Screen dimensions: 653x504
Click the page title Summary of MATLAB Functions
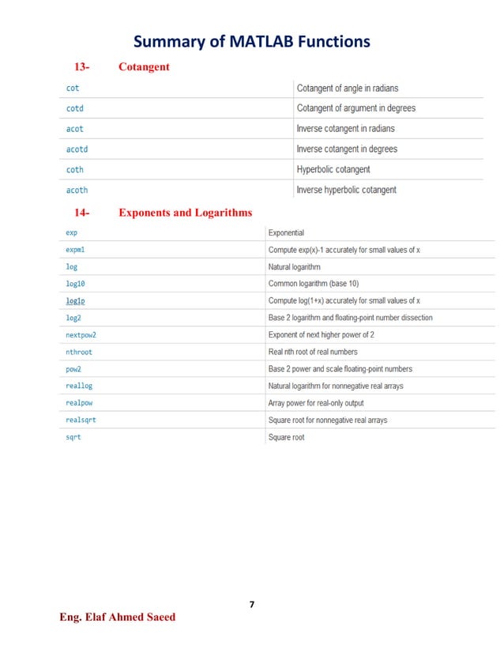pyautogui.click(x=251, y=41)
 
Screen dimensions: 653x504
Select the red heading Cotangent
pyautogui.click(x=144, y=67)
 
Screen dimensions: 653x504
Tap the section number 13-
pyautogui.click(x=82, y=67)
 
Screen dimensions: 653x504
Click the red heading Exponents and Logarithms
pyautogui.click(x=185, y=213)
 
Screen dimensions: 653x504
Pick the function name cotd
pyautogui.click(x=74, y=108)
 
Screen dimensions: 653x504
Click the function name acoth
pyautogui.click(x=77, y=191)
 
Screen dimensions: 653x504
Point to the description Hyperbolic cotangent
pyautogui.click(x=333, y=170)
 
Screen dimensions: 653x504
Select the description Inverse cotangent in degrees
pyautogui.click(x=346, y=149)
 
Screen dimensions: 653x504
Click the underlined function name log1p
pyautogui.click(x=76, y=301)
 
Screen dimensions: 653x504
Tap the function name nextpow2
pyautogui.click(x=81, y=335)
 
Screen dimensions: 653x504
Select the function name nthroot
pyautogui.click(x=78, y=352)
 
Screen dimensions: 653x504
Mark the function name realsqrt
pyautogui.click(x=81, y=420)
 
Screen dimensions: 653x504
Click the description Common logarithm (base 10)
pyautogui.click(x=314, y=284)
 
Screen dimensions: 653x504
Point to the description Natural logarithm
pyautogui.click(x=294, y=267)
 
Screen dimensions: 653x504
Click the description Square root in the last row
pyautogui.click(x=286, y=437)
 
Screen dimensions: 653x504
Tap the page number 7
pyautogui.click(x=251, y=605)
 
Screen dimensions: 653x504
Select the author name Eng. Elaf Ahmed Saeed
pyautogui.click(x=118, y=617)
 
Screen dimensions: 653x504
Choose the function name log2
pyautogui.click(x=73, y=318)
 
